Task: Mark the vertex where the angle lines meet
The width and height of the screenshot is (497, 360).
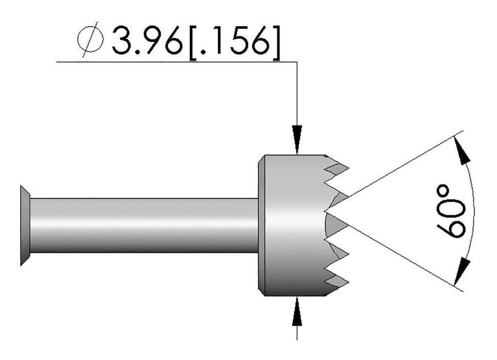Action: tap(328, 212)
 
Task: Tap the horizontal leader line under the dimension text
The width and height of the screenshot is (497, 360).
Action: tap(175, 62)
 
